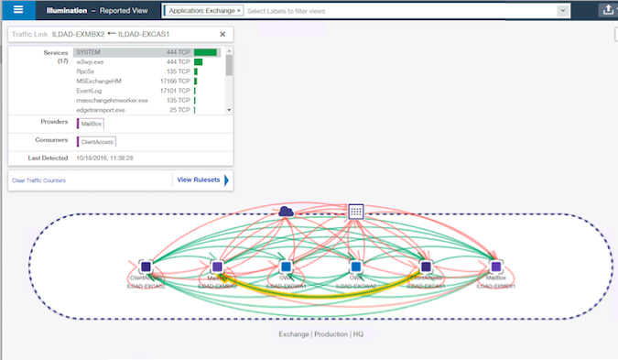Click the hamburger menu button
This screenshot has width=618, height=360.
tap(17, 10)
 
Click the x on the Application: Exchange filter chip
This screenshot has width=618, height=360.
tap(240, 10)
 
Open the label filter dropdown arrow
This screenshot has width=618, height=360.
tap(562, 11)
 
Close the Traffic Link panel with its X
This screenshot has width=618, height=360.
tap(228, 33)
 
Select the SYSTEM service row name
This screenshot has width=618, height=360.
tap(89, 52)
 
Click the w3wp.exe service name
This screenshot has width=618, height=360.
tap(90, 61)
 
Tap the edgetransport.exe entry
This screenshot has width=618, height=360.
tap(101, 110)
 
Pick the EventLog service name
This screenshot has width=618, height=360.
tap(90, 91)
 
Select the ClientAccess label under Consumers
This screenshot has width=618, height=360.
tap(97, 142)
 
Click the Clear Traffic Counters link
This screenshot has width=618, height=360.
tap(38, 180)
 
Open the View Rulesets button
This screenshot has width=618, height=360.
tap(199, 180)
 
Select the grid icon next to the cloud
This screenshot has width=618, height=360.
tap(357, 211)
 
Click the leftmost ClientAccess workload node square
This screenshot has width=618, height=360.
tap(145, 266)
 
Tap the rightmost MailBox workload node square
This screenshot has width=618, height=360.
tap(496, 266)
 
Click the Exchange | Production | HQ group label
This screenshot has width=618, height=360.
tap(314, 334)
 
